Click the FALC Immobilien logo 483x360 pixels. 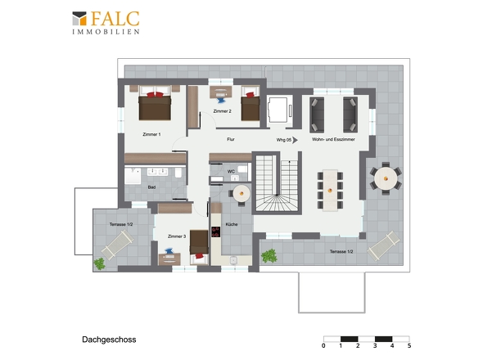[x=106, y=23]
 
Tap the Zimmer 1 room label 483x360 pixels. [x=151, y=134]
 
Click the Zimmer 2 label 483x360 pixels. [x=222, y=111]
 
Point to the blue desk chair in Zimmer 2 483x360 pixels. [x=221, y=101]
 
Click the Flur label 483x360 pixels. [x=231, y=139]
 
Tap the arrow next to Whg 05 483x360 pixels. [x=295, y=140]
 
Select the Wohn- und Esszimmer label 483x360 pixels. [x=333, y=139]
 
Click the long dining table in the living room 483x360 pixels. [x=330, y=191]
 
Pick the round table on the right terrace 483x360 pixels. [x=386, y=178]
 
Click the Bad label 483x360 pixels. [x=151, y=187]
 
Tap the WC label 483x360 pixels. [x=231, y=171]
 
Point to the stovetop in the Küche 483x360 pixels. [x=216, y=232]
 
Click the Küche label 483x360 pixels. [x=232, y=224]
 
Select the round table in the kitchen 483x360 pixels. [x=241, y=193]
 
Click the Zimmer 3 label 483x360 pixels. [x=177, y=236]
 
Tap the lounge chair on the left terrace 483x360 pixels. [x=117, y=244]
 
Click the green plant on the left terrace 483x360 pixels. [x=100, y=264]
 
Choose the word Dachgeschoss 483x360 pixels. [x=109, y=340]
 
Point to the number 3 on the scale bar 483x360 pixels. [x=375, y=346]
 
